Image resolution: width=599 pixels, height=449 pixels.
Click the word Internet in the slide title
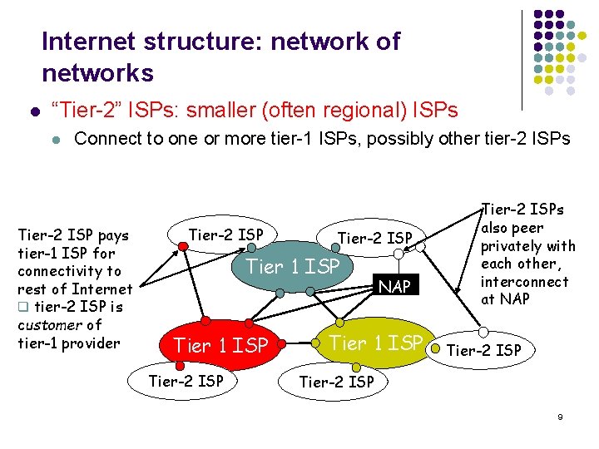click(x=91, y=42)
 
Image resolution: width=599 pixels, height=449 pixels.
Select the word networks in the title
click(x=97, y=73)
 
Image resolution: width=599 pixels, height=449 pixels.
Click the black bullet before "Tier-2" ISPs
click(x=34, y=111)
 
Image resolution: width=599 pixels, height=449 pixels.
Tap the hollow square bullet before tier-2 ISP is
click(x=23, y=308)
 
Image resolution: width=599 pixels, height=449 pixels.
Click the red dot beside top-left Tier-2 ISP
click(x=183, y=246)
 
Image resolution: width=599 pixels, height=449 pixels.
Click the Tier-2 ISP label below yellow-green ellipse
click(x=336, y=382)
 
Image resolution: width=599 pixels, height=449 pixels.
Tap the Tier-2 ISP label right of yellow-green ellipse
click(x=484, y=350)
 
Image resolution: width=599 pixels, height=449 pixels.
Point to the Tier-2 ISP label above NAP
click(x=374, y=239)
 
